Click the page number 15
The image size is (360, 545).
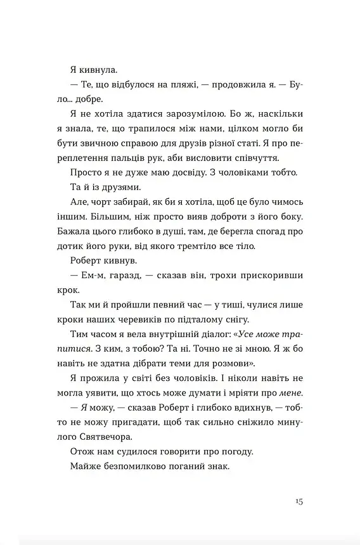coord(299,501)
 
